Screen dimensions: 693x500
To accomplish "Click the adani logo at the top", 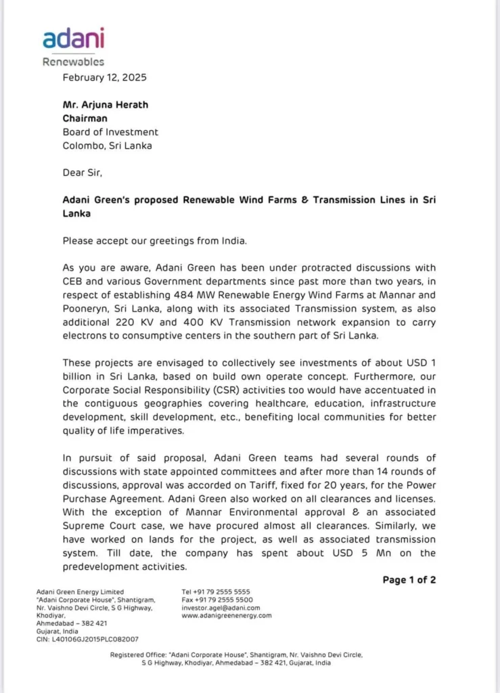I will pyautogui.click(x=74, y=39).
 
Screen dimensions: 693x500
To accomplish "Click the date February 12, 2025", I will pyautogui.click(x=104, y=77).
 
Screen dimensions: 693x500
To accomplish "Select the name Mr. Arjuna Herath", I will pyautogui.click(x=106, y=105).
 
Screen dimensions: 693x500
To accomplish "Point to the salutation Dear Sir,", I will pyautogui.click(x=84, y=173).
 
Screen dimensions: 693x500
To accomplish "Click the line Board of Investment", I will pyautogui.click(x=110, y=132).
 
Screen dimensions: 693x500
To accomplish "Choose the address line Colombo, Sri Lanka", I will pyautogui.click(x=107, y=146).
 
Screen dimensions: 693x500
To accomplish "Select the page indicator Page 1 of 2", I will pyautogui.click(x=409, y=580).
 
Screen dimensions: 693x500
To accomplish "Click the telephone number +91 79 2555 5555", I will pyautogui.click(x=223, y=591).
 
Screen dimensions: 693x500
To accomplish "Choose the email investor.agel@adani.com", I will pyautogui.click(x=221, y=608).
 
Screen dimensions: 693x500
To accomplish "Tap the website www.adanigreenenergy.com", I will pyautogui.click(x=227, y=616).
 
